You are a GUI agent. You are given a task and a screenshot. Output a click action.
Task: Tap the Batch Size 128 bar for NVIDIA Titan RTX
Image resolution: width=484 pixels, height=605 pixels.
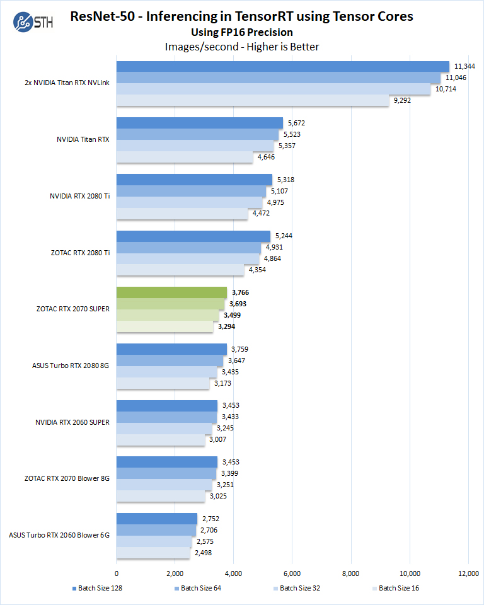[199, 123]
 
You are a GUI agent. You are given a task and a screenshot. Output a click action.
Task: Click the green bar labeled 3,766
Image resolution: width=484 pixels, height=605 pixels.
[171, 292]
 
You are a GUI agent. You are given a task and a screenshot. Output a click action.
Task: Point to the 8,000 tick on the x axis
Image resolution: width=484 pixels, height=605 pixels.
[351, 573]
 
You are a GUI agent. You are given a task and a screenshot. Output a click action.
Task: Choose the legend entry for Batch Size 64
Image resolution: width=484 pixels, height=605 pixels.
[197, 588]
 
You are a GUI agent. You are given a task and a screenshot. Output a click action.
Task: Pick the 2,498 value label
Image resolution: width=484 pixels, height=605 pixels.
[203, 553]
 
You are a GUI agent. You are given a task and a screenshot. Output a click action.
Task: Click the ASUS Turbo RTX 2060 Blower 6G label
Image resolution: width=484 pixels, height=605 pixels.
[59, 535]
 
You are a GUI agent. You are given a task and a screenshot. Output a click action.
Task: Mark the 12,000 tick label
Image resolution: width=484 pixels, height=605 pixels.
[468, 573]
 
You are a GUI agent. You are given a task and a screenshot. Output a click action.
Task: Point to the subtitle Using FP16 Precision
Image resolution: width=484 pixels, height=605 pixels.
[242, 32]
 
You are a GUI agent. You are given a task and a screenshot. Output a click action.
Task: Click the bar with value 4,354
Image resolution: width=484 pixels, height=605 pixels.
[180, 270]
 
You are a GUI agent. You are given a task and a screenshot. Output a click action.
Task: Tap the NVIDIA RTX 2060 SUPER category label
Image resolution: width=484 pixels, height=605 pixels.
[72, 422]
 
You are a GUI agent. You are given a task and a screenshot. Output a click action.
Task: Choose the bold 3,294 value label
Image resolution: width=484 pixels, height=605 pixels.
[227, 326]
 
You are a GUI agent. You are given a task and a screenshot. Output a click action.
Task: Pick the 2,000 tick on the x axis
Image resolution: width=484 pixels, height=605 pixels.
[175, 573]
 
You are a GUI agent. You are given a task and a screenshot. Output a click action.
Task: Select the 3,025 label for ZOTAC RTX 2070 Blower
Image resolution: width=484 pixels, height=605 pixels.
[218, 496]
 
